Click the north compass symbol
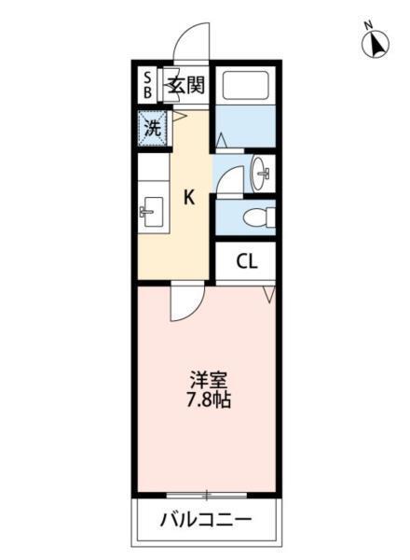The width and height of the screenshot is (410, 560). (376, 45)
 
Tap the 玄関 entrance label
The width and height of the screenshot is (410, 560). (185, 85)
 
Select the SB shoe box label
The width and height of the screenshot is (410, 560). (148, 85)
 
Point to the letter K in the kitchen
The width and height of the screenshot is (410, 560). (188, 197)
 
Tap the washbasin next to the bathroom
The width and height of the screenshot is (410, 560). (260, 172)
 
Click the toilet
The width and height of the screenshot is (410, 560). (255, 218)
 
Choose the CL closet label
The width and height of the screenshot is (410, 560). (246, 261)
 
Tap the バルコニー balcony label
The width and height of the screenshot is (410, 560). (207, 519)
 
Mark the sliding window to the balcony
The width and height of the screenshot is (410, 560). (207, 494)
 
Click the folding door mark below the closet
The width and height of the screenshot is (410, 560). (269, 294)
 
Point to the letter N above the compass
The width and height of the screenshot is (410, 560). (368, 25)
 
